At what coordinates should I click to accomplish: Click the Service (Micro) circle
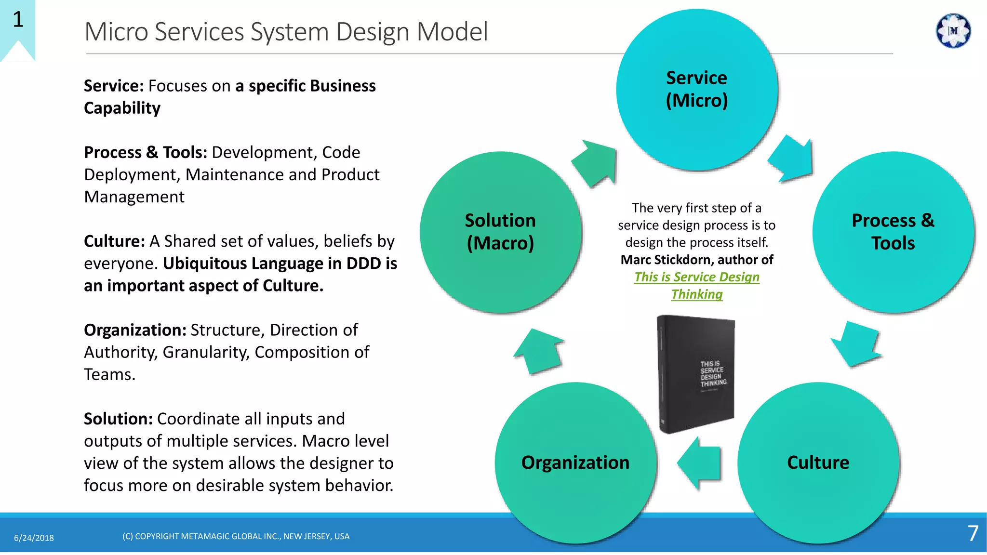[x=696, y=90]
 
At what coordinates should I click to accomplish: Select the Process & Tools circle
[x=893, y=232]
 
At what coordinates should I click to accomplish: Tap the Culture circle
[x=818, y=462]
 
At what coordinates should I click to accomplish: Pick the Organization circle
[x=575, y=462]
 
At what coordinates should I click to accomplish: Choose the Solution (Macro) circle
[x=500, y=232]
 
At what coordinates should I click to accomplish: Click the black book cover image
[x=696, y=373]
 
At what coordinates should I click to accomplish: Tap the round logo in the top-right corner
[x=953, y=31]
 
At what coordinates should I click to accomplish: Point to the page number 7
[x=973, y=533]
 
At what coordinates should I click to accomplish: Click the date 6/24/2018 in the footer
[x=34, y=538]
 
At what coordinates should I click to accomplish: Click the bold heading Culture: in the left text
[x=114, y=241]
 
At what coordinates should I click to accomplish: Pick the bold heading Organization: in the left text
[x=135, y=330]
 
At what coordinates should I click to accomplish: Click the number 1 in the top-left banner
[x=18, y=20]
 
